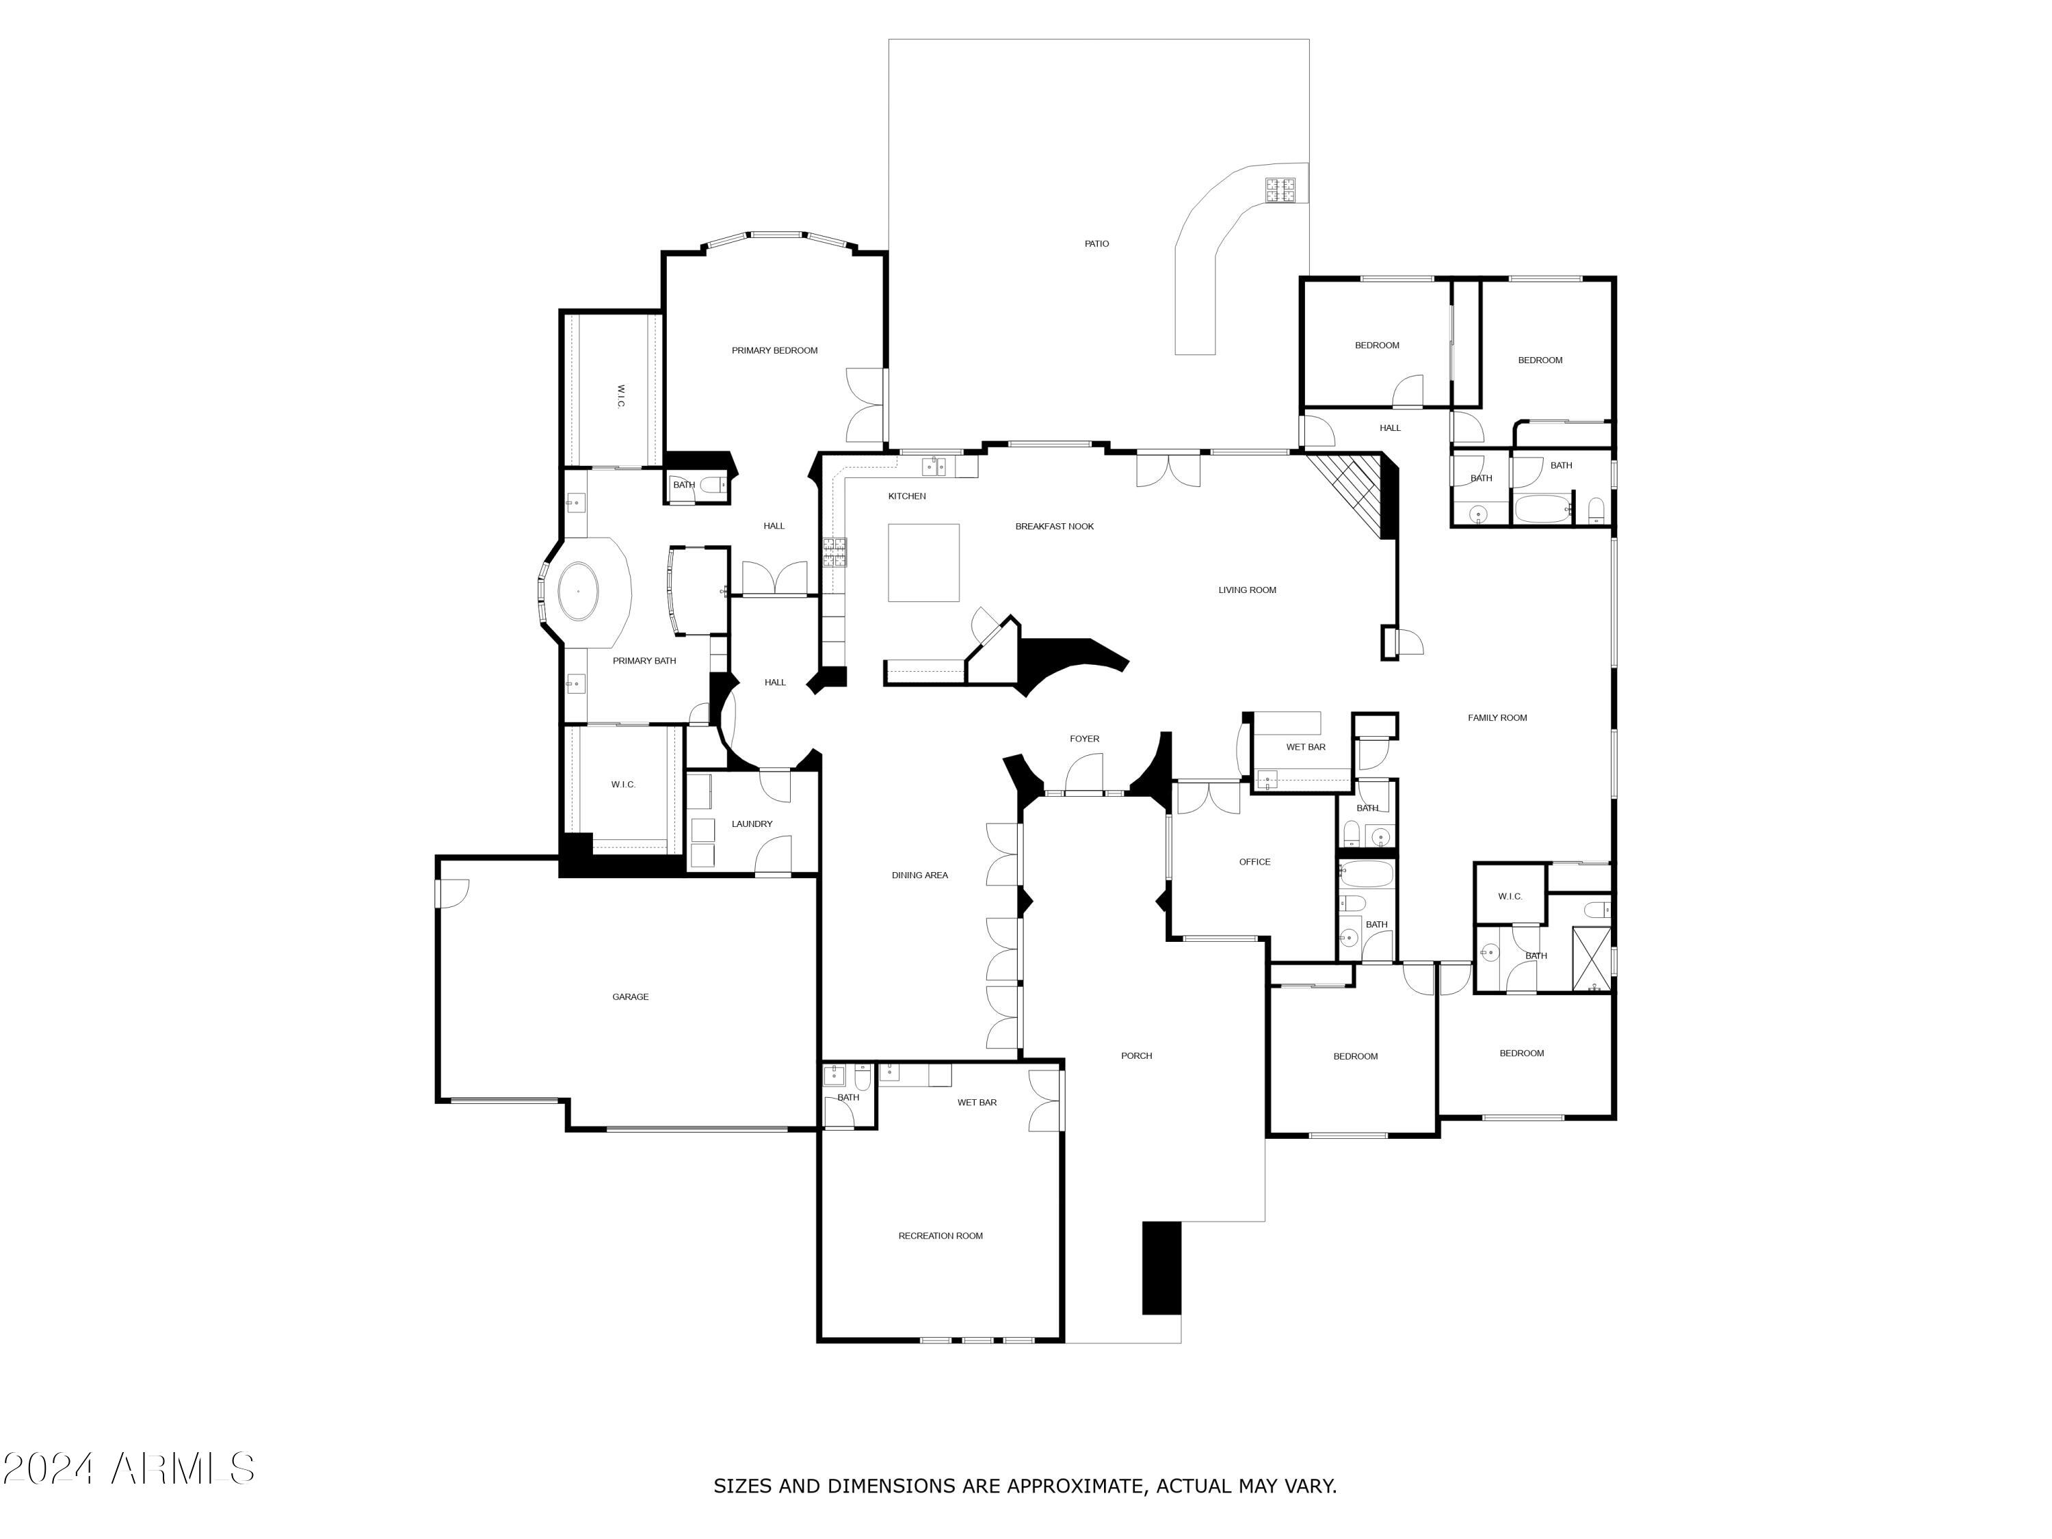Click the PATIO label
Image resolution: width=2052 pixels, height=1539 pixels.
tap(1096, 244)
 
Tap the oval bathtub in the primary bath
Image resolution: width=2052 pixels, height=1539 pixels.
tap(579, 591)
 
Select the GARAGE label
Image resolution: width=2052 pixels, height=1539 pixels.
tap(630, 997)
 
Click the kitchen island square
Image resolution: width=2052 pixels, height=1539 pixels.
tap(923, 562)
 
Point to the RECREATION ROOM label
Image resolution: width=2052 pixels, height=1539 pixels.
tap(940, 1236)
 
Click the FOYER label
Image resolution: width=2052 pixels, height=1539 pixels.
tap(1083, 739)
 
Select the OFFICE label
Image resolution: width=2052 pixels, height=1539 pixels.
tap(1254, 862)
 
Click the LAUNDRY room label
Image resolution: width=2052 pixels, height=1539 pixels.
tap(752, 824)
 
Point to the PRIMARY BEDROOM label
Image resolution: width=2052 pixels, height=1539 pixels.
tap(774, 351)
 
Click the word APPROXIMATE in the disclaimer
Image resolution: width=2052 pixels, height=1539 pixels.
tap(1075, 1486)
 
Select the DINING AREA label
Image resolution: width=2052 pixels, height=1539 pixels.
tap(919, 875)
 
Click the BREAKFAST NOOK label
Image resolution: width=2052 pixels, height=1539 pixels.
tap(1054, 526)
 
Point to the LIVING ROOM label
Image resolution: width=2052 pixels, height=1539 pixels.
tap(1247, 590)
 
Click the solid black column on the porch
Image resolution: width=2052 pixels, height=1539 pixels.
tap(1161, 1267)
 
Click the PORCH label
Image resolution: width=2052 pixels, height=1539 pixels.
tap(1135, 1055)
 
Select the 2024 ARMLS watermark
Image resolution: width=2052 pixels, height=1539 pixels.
tap(128, 1469)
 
